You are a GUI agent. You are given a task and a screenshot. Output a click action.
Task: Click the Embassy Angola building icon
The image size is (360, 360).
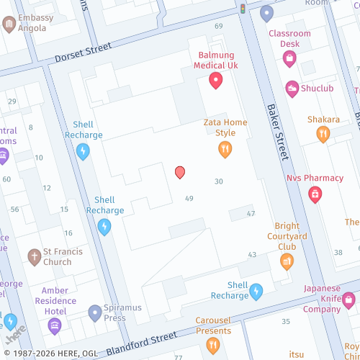tap(9, 25)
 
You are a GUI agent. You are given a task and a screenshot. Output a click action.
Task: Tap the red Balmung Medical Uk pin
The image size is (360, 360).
tap(215, 81)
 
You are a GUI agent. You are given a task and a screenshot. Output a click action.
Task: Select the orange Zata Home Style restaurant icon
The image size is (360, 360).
tap(225, 150)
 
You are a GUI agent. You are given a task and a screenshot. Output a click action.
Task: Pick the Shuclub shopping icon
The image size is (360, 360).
tap(292, 89)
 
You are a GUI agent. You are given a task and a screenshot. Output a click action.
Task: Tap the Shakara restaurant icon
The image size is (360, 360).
tap(323, 134)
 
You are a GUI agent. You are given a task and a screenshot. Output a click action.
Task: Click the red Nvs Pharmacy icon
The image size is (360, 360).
tap(315, 194)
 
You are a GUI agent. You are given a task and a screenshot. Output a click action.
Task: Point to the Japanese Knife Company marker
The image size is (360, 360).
tap(349, 299)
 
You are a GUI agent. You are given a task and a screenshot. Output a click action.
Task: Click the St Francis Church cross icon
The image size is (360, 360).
tap(34, 257)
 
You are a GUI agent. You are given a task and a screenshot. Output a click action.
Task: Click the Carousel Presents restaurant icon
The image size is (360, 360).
tap(213, 346)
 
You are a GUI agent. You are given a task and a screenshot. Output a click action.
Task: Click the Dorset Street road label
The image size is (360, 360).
tap(84, 53)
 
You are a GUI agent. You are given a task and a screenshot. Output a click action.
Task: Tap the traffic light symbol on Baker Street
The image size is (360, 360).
tap(243, 9)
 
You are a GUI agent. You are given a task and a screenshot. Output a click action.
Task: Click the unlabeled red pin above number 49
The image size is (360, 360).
tap(180, 172)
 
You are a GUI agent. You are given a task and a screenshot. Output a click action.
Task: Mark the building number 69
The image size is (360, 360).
tap(218, 26)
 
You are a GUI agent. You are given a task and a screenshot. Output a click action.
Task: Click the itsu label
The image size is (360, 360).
tap(297, 354)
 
